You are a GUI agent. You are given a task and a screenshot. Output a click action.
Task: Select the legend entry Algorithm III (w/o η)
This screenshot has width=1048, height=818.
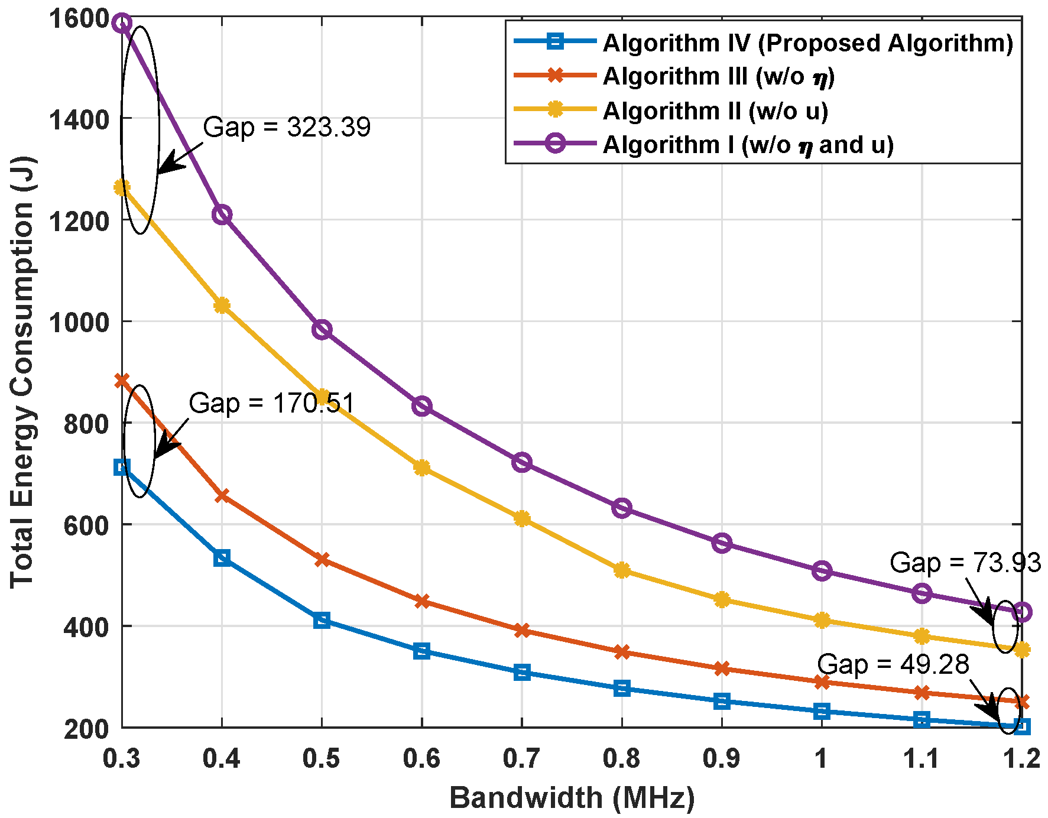tap(718, 76)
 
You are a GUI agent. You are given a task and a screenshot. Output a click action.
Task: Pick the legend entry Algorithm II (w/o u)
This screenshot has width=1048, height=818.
tap(715, 111)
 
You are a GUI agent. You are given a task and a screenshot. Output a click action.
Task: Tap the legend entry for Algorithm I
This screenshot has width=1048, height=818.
tap(748, 145)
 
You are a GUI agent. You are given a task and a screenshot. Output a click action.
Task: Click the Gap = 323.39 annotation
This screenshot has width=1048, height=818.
tap(287, 127)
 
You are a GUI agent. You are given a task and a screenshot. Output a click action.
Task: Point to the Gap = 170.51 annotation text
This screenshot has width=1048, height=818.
tap(271, 403)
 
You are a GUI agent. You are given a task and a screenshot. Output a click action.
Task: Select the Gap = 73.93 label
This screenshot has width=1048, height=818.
tap(965, 563)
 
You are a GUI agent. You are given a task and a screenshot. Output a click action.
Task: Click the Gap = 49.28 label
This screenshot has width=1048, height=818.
tap(893, 664)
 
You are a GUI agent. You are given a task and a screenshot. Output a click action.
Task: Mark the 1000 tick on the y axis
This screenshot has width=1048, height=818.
tap(86, 322)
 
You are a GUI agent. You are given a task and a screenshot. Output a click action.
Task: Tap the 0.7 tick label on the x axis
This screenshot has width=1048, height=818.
tap(521, 758)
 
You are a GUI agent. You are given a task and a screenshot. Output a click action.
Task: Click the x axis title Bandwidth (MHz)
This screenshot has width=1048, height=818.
tap(572, 798)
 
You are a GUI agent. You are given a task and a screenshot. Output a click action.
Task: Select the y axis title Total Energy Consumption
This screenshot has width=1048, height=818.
tap(22, 372)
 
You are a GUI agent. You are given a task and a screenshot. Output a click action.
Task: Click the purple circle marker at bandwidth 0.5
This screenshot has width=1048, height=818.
tap(322, 330)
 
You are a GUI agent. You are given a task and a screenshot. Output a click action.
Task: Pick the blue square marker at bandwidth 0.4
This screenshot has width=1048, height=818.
tap(222, 558)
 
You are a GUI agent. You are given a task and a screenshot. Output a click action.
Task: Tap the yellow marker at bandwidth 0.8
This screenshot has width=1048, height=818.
tap(622, 570)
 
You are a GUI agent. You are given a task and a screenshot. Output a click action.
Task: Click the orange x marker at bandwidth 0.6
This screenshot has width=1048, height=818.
tap(421, 602)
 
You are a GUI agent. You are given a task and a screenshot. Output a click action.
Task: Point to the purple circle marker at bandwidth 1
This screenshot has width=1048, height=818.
tap(822, 571)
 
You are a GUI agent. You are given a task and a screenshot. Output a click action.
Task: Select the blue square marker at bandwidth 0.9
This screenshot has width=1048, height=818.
tap(722, 701)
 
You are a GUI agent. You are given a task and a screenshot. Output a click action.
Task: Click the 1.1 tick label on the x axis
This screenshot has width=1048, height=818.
tap(921, 758)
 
